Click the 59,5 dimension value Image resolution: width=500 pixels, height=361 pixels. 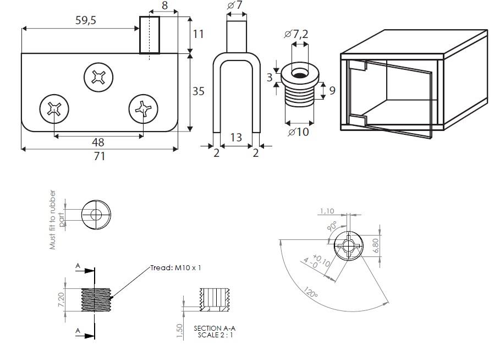[85, 20]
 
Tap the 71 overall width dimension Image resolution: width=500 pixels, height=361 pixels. [99, 156]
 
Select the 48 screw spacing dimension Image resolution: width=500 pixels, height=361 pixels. [98, 142]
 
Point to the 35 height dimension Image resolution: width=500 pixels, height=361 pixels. [198, 91]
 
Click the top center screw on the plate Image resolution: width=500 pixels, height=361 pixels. [98, 77]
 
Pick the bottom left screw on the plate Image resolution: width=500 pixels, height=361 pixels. [54, 109]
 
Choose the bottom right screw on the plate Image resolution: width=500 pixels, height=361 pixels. [143, 109]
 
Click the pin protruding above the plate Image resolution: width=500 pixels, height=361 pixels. [150, 35]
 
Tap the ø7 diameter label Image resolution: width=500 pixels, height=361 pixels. [235, 5]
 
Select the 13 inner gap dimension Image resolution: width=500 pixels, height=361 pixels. [236, 138]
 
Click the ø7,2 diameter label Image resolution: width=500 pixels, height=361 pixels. [296, 34]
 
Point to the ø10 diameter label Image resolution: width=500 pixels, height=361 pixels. [298, 132]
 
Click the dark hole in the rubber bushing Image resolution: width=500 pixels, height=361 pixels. [299, 75]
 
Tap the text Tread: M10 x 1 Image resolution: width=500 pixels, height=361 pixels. [175, 267]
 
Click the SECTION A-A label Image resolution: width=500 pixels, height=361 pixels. [215, 328]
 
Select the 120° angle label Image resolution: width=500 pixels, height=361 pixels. [310, 292]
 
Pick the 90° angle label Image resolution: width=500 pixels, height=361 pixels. [332, 226]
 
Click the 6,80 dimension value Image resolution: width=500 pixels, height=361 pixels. [376, 245]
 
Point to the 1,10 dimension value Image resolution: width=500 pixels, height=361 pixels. [327, 211]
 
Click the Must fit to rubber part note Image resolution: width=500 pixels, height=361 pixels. [56, 220]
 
